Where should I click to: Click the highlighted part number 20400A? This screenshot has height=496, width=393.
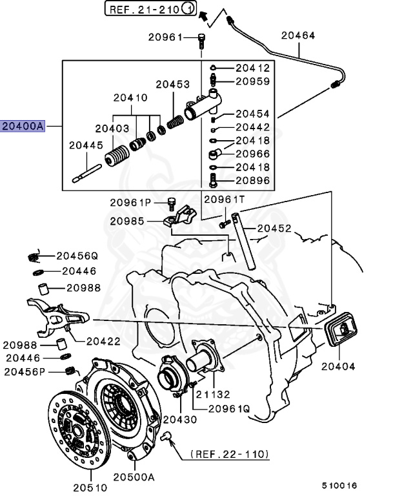point(23,127)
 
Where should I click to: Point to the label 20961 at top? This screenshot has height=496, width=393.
point(166,37)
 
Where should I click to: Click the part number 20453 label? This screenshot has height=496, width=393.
point(172,85)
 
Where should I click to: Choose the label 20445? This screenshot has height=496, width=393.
point(86,145)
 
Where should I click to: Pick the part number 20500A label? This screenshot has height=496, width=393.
point(134,477)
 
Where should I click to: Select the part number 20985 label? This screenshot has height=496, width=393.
point(132,220)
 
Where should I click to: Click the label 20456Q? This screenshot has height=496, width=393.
point(76,256)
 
